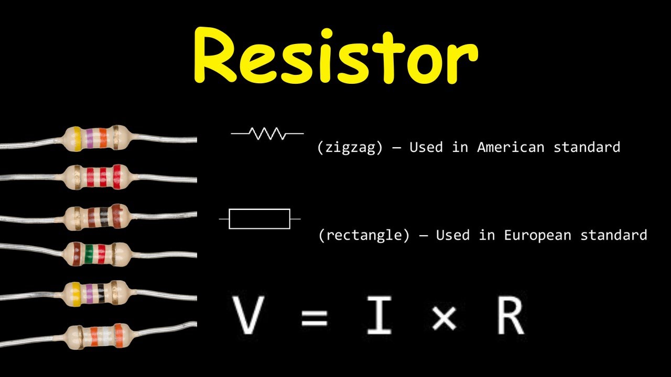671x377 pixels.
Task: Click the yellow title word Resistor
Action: click(x=336, y=56)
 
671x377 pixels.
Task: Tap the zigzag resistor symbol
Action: click(x=267, y=134)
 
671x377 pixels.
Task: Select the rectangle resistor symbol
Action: click(x=259, y=219)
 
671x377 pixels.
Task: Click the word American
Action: click(x=511, y=147)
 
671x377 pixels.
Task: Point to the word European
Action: click(x=537, y=235)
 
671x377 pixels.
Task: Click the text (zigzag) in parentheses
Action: click(x=350, y=148)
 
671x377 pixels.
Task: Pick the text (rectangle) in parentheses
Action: click(x=364, y=236)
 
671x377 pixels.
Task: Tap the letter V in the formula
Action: click(x=248, y=315)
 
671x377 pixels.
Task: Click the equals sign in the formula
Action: click(x=314, y=318)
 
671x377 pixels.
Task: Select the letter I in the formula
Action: click(x=379, y=315)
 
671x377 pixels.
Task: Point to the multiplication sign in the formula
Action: click(x=445, y=318)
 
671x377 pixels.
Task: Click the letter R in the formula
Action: click(x=511, y=315)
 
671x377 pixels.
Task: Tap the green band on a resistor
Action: click(x=89, y=254)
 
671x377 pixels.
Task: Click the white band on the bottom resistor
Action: click(x=107, y=337)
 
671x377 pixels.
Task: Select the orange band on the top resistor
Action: click(x=103, y=138)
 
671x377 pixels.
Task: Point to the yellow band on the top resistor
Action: click(x=76, y=139)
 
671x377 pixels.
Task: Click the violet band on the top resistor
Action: click(x=90, y=138)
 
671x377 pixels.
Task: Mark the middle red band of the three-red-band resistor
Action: click(x=103, y=177)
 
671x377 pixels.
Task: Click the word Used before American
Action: click(x=426, y=147)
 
